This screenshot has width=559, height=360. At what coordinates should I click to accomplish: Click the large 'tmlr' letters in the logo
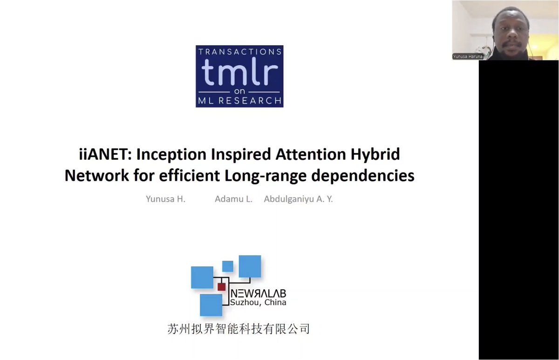click(239, 75)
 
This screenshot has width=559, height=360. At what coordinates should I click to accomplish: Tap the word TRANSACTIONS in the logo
click(239, 52)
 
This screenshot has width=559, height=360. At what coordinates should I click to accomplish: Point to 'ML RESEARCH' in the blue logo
click(239, 100)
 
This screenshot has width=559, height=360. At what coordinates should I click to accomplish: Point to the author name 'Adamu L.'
click(233, 199)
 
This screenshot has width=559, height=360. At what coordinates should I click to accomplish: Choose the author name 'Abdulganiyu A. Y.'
click(298, 199)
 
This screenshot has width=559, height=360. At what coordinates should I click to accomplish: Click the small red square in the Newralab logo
click(221, 287)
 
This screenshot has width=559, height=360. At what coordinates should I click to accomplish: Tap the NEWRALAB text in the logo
click(258, 294)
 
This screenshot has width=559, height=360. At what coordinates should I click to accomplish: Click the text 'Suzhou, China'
click(258, 302)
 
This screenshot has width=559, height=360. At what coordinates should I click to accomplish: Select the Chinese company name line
click(238, 329)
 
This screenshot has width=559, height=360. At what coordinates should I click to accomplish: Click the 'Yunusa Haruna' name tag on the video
click(468, 56)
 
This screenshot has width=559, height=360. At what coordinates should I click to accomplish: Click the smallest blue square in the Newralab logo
click(227, 266)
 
